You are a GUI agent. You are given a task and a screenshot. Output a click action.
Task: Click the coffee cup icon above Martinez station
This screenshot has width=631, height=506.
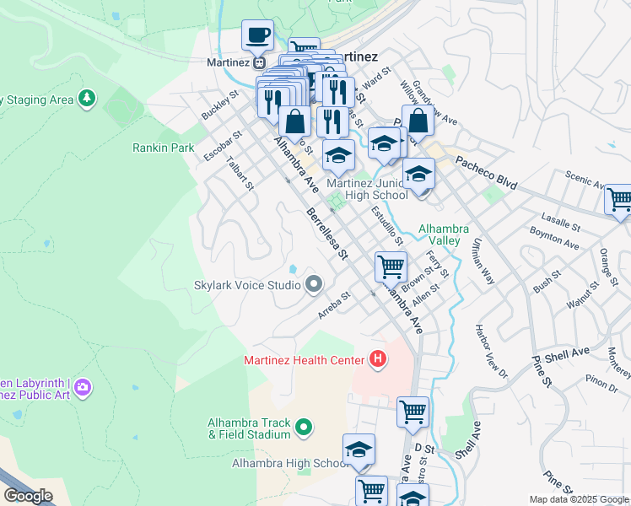pyautogui.click(x=258, y=36)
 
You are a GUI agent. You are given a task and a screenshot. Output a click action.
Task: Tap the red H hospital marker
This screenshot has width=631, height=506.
pyautogui.click(x=378, y=360)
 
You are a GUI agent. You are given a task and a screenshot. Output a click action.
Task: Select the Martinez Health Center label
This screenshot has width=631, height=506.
pyautogui.click(x=304, y=360)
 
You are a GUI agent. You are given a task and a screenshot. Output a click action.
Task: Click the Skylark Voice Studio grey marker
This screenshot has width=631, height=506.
pyautogui.click(x=314, y=284)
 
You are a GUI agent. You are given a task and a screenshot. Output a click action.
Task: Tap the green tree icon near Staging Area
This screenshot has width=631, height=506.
pyautogui.click(x=86, y=100)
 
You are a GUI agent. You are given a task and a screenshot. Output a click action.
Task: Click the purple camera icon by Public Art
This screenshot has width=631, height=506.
pyautogui.click(x=82, y=387)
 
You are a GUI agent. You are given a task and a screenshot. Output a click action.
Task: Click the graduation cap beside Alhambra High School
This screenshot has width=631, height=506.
pyautogui.click(x=359, y=450)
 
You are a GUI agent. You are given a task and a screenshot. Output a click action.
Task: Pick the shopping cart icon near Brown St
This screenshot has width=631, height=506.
pyautogui.click(x=391, y=267)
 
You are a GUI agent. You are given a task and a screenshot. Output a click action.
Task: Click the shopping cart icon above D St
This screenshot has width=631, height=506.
pyautogui.click(x=413, y=412)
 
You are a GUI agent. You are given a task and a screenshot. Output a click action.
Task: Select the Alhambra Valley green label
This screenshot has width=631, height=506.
pyautogui.click(x=439, y=234)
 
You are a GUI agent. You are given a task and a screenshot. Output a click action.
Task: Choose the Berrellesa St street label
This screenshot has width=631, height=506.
pyautogui.click(x=326, y=234)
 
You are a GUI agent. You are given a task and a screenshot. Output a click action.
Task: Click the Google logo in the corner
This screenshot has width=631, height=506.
pyautogui.click(x=28, y=496)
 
